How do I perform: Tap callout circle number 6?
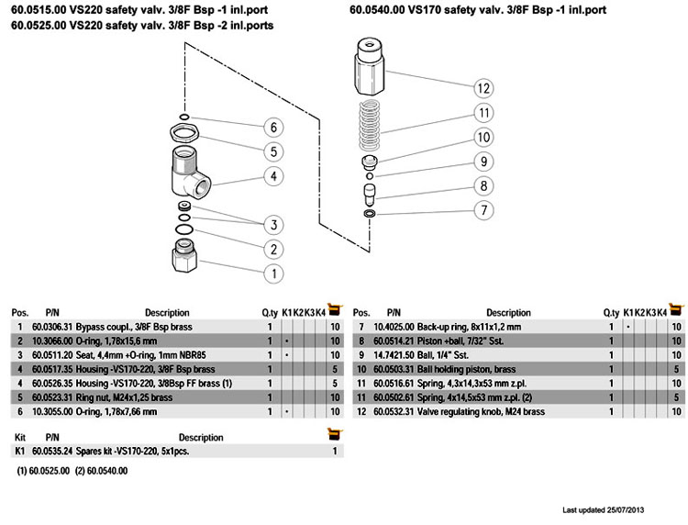[x=272, y=127]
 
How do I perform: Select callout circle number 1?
[x=272, y=273]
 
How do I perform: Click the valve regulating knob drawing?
[x=372, y=69]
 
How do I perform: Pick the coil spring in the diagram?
[x=371, y=126]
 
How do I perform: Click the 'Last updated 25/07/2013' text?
[x=609, y=509]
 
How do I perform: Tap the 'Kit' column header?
[x=20, y=438]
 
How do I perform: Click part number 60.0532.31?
[x=393, y=412]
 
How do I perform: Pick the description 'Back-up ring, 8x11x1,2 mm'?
[x=470, y=327]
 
